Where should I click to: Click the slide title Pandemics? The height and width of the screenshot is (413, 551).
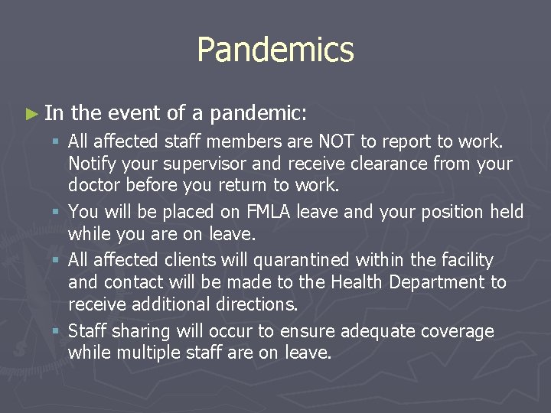click(275, 50)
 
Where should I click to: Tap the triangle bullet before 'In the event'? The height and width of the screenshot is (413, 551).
click(31, 115)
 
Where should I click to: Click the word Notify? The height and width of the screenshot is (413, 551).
click(91, 163)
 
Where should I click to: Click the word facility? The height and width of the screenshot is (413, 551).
click(461, 260)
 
